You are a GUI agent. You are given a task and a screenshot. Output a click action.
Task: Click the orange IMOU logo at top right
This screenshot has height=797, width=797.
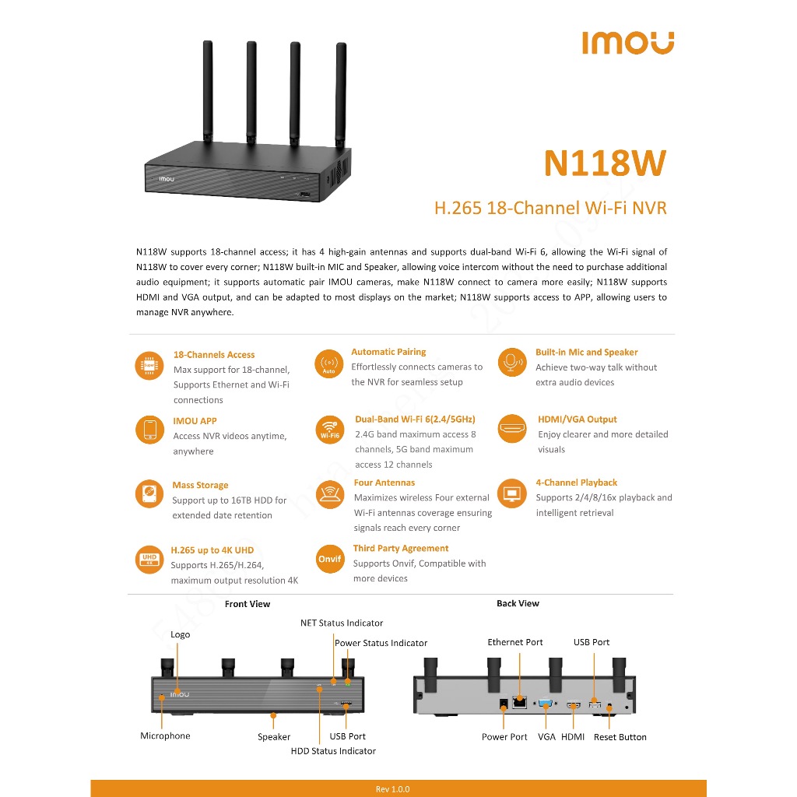tap(628, 43)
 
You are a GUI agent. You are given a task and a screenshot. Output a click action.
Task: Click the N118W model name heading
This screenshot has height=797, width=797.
tap(605, 163)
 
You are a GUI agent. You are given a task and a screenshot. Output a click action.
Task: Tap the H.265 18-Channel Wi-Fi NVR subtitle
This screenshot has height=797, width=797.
tap(550, 208)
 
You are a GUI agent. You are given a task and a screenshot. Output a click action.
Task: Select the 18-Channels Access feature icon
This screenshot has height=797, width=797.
tap(149, 366)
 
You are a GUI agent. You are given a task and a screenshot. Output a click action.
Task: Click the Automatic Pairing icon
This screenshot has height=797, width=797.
tap(329, 364)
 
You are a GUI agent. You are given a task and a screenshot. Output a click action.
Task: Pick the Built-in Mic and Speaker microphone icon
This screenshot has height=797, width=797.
tap(512, 363)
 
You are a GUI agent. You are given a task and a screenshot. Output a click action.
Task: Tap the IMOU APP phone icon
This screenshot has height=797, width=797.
tap(150, 430)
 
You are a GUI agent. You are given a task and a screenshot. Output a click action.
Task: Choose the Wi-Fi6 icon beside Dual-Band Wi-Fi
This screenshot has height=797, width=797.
tap(330, 430)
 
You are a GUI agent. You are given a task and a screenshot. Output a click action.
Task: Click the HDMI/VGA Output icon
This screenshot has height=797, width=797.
tap(512, 428)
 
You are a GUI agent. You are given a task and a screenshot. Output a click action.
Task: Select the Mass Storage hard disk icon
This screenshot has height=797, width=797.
tap(149, 493)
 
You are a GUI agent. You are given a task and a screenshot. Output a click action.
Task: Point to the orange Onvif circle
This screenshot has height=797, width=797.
tap(330, 559)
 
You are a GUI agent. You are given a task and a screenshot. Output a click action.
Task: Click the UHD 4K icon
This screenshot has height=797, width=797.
tap(149, 560)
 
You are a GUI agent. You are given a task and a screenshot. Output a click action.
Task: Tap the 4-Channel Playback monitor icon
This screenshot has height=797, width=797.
tap(512, 493)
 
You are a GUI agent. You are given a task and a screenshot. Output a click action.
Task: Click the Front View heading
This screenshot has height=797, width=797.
tap(248, 604)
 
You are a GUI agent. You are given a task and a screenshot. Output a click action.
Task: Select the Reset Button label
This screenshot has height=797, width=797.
tap(620, 737)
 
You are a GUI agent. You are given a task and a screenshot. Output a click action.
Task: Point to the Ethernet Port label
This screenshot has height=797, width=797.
tap(515, 642)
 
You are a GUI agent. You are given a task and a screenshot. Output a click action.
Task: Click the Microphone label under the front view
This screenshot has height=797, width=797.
tap(165, 736)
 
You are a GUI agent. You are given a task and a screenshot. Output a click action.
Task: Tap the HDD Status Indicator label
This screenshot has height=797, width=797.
tap(333, 751)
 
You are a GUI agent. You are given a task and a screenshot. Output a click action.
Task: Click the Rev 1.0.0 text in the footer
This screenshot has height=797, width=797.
tap(392, 789)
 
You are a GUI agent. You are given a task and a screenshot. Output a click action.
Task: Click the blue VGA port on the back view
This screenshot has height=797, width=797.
tap(546, 704)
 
